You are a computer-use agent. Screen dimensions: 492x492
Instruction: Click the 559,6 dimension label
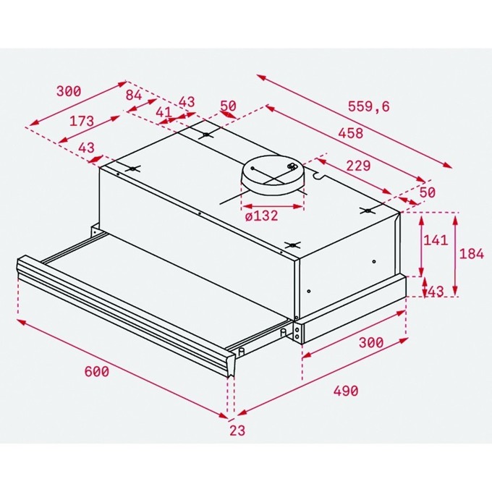(x=369, y=106)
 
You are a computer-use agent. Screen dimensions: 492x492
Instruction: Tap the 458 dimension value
(x=351, y=133)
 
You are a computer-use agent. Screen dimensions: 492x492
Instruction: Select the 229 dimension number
(x=358, y=166)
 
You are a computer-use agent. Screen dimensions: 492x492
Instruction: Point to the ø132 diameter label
(x=261, y=216)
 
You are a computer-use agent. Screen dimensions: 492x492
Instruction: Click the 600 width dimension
(x=97, y=371)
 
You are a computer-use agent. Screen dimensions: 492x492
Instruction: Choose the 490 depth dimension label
(x=346, y=391)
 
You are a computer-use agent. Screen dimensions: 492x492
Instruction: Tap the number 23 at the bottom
(x=237, y=430)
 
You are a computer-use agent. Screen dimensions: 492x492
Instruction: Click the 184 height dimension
(x=472, y=253)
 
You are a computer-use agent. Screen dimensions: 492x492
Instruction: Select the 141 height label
(x=436, y=240)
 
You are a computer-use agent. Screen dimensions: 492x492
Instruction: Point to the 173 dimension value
(x=82, y=121)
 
